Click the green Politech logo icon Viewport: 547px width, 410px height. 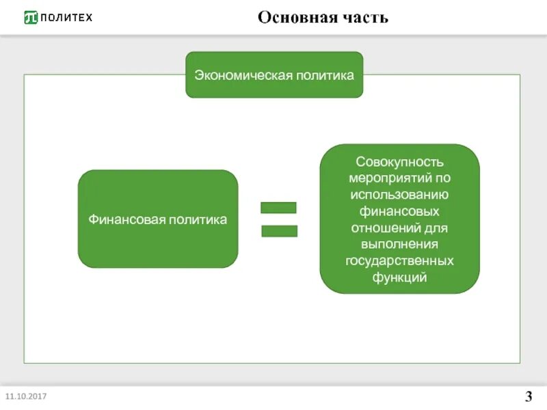click(31, 17)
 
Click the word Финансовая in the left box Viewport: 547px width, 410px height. click(122, 220)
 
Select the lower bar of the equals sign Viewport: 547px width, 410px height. click(279, 231)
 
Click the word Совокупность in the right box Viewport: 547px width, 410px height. click(400, 163)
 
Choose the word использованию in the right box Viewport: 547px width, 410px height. click(400, 195)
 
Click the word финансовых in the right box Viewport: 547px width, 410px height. click(400, 212)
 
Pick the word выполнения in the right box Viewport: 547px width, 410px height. click(400, 245)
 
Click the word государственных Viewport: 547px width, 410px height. click(400, 261)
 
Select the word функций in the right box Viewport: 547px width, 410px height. click(400, 277)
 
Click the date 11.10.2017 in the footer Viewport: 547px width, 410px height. click(26, 396)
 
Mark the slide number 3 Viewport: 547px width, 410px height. click(529, 396)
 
